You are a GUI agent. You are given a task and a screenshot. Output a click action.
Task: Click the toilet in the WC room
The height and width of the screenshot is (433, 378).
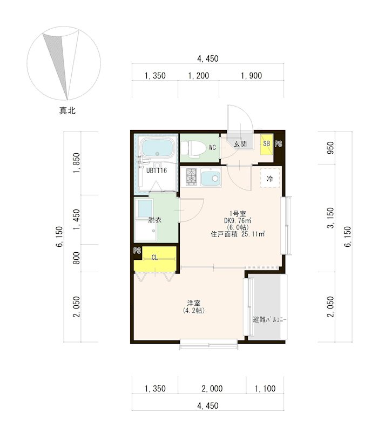193,148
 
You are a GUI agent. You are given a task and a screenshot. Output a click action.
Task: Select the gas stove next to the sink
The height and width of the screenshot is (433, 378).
191,177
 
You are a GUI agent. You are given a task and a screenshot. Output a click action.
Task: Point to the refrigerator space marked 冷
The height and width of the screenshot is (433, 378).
270,179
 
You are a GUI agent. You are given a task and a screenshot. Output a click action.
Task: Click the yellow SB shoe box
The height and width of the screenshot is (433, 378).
266,144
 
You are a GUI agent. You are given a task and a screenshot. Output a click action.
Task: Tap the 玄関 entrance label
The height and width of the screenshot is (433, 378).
240,143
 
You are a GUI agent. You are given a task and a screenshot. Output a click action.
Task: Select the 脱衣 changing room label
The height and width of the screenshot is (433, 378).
154,220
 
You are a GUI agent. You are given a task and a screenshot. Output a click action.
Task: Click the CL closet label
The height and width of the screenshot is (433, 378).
155,258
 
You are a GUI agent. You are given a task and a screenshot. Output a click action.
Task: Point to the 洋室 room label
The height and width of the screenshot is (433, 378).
194,303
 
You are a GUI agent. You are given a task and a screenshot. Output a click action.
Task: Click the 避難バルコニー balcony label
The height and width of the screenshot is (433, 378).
269,320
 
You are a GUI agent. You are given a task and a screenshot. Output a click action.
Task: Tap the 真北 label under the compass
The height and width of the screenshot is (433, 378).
67,111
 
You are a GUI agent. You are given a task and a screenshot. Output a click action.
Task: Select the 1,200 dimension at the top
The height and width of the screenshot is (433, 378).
199,75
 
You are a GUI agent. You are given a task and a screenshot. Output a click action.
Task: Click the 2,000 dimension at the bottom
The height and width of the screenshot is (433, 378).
212,389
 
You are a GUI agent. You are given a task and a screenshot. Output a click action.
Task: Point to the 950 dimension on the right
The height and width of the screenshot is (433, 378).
330,148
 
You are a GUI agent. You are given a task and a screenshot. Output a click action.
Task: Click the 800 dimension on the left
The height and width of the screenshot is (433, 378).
76,258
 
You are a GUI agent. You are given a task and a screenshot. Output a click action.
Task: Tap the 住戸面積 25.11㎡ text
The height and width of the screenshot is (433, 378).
238,234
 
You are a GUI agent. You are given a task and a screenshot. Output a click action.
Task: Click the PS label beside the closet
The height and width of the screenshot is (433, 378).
137,251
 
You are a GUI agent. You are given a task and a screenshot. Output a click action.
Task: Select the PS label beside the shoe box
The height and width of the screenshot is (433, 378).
278,143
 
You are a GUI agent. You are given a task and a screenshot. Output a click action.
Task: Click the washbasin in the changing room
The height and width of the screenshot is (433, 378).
145,208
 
